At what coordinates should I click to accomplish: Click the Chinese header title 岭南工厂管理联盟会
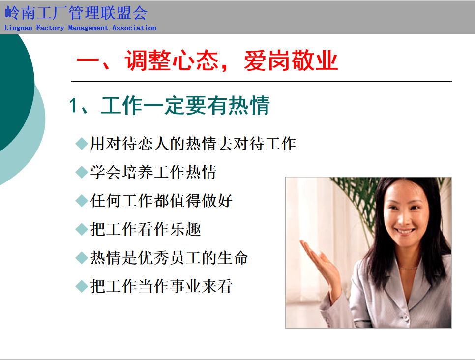coord(76,13)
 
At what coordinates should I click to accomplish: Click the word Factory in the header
coord(50,28)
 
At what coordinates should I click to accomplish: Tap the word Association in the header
coord(134,28)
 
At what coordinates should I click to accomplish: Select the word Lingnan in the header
coord(18,28)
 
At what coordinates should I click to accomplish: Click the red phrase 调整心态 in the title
coord(172,60)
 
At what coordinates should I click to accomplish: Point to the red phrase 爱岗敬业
coord(291,60)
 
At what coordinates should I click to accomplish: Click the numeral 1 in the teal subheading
coord(73,106)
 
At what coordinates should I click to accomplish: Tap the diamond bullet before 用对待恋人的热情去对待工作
coord(82,143)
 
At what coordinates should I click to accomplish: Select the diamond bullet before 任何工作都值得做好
coord(82,201)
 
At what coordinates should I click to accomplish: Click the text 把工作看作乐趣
coord(146,229)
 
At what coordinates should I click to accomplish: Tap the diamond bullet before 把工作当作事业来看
coord(82,286)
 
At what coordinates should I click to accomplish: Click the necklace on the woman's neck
coord(408,268)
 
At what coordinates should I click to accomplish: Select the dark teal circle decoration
coord(15,91)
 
